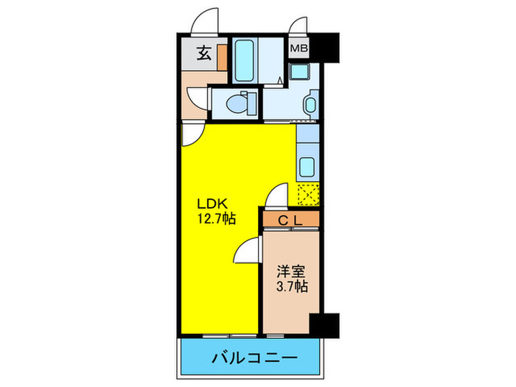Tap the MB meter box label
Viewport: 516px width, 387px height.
click(298, 49)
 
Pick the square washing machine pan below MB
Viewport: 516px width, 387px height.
click(301, 72)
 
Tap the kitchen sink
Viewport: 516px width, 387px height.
click(306, 165)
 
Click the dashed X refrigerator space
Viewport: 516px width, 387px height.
click(307, 192)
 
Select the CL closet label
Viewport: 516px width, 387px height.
click(290, 219)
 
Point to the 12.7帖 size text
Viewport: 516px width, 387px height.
click(215, 218)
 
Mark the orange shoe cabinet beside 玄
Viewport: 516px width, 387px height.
click(223, 55)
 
